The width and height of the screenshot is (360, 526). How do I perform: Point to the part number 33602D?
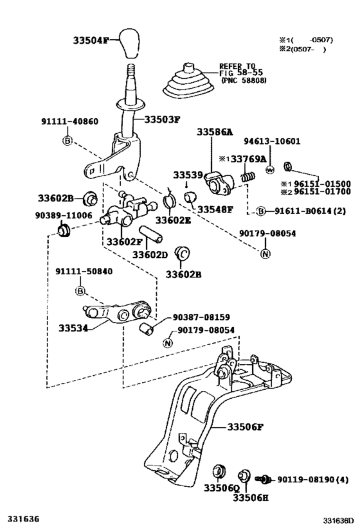coord(150,255)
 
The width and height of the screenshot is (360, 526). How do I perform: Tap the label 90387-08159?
coord(200,317)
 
